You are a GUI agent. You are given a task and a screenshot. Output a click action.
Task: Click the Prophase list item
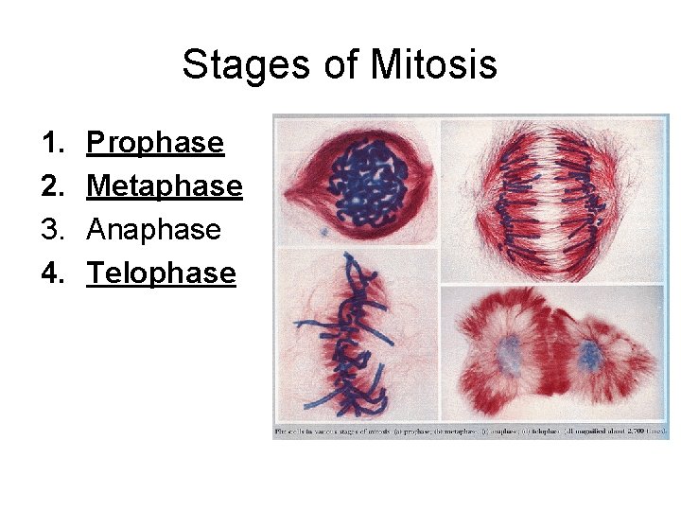point(155,143)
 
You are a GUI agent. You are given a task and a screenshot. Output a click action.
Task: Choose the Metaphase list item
point(165,186)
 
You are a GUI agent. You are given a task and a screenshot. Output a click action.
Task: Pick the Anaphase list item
point(153,230)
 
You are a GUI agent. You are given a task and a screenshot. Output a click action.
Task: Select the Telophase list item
point(161,273)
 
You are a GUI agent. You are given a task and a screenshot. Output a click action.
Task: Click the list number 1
point(50,143)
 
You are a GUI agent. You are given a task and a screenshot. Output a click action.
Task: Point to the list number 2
point(50,186)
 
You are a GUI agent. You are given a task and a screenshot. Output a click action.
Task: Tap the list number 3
point(50,230)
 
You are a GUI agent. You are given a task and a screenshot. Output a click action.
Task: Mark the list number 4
point(50,273)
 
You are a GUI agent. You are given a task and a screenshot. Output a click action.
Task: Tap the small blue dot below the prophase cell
point(323,230)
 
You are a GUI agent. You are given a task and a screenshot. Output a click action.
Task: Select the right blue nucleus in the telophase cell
point(591,356)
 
